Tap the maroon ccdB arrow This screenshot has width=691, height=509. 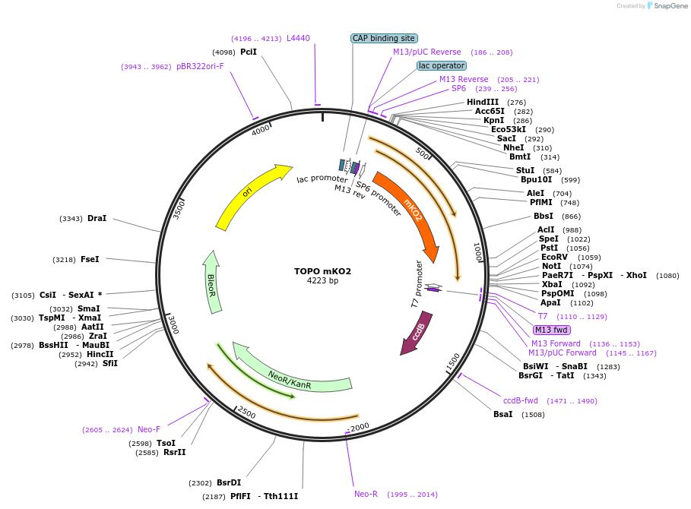(417, 333)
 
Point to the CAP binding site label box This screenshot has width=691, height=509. (384, 38)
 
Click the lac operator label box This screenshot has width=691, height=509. (442, 65)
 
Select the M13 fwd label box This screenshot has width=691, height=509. (551, 330)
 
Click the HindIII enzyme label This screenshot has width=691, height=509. (483, 102)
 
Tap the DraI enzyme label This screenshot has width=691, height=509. (97, 218)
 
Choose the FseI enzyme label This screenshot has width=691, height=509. (90, 259)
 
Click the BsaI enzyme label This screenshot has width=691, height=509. (503, 414)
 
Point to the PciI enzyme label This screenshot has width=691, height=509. (249, 52)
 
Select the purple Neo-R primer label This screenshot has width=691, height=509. (366, 494)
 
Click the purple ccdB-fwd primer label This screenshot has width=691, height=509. (521, 400)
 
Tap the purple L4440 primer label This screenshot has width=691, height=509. (298, 38)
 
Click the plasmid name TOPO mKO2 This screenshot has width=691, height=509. (323, 271)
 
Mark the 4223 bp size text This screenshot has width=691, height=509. (323, 281)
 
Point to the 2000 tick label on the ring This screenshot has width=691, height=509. (360, 426)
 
